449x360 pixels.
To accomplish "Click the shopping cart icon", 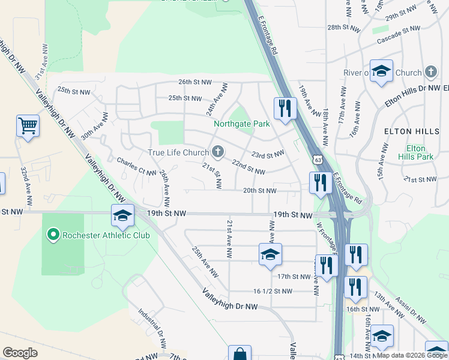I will tap(28, 127).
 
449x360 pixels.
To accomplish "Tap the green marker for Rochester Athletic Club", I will tap(53, 235).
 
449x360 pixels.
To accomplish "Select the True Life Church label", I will tap(178, 152).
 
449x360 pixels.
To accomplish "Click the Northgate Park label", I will tap(242, 124).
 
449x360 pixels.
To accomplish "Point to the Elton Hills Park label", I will tap(415, 152).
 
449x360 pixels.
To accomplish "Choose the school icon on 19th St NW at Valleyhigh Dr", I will tap(122, 215).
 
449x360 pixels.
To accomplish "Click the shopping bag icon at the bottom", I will tap(240, 354).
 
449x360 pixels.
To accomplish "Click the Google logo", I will tap(20, 353).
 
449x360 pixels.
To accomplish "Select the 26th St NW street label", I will tap(195, 82).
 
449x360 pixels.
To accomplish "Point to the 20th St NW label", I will tap(259, 191).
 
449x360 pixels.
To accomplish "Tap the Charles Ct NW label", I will tap(133, 165).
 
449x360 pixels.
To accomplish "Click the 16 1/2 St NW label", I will tap(273, 291).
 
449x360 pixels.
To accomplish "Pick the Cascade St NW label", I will tap(398, 35).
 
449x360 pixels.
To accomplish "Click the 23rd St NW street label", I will tap(267, 154).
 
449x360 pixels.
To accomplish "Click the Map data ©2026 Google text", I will tap(412, 355).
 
